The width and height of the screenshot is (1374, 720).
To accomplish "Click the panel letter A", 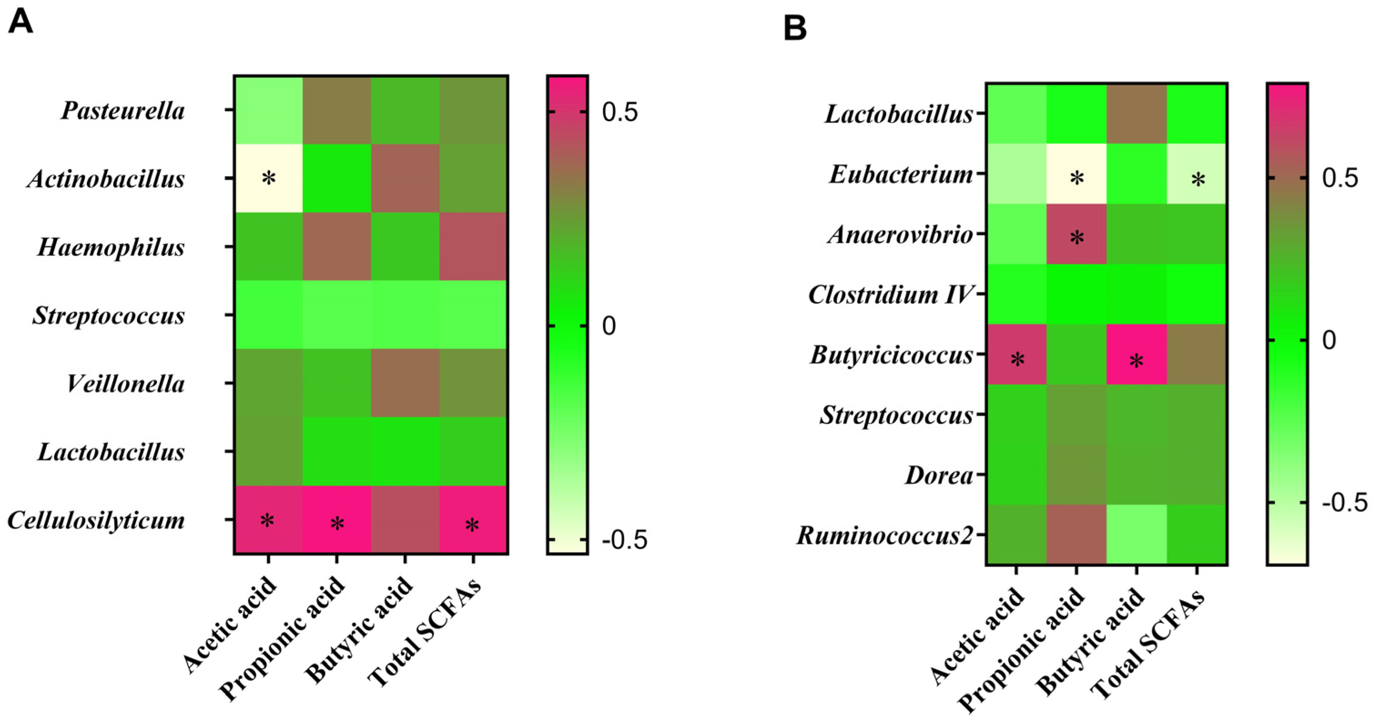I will [20, 22].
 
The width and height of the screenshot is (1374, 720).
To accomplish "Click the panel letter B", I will [794, 28].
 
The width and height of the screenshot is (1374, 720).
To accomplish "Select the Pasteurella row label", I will [123, 111].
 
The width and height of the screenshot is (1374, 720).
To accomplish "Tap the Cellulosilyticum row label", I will [96, 520].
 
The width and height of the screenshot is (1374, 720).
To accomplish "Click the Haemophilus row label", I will [111, 247].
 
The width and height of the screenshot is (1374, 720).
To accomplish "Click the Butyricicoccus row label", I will [891, 355].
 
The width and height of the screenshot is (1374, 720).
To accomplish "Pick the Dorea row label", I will [939, 475].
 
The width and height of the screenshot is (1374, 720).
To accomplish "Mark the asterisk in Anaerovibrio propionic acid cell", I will [1076, 238].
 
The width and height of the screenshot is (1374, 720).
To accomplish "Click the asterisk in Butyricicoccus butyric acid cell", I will [1136, 361].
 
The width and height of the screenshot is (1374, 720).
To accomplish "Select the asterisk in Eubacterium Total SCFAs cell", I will [1197, 180].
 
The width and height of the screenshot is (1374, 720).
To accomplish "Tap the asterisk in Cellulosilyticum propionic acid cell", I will [337, 524].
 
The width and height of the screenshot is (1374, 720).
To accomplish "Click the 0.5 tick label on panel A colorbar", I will [619, 112].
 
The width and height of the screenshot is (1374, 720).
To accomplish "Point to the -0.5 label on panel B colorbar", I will [1344, 503].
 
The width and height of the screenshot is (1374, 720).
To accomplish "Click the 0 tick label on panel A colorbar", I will [608, 326].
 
